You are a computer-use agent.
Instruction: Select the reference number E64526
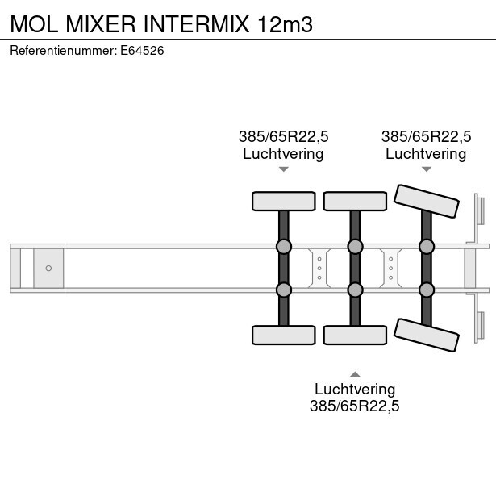tap(143, 50)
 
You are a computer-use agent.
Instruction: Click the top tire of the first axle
tap(283, 201)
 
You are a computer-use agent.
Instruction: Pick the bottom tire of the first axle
tap(283, 335)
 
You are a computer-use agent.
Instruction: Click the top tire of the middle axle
tap(354, 201)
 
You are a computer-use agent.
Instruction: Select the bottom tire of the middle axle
tap(354, 335)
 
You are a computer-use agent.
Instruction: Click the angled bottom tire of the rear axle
tap(425, 335)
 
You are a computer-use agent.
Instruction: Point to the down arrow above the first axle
tap(283, 169)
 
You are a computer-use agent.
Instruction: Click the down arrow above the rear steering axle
tap(426, 169)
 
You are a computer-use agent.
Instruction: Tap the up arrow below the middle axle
tap(354, 373)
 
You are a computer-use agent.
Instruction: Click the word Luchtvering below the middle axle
tap(354, 390)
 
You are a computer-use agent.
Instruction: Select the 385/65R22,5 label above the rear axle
tap(426, 136)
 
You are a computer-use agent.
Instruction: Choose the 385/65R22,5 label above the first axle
tap(283, 136)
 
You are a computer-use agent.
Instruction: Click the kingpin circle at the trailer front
tap(48, 268)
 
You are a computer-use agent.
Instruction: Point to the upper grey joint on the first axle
tap(283, 247)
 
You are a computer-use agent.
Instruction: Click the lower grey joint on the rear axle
tap(425, 289)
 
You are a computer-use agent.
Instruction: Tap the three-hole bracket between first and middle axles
tap(319, 268)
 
